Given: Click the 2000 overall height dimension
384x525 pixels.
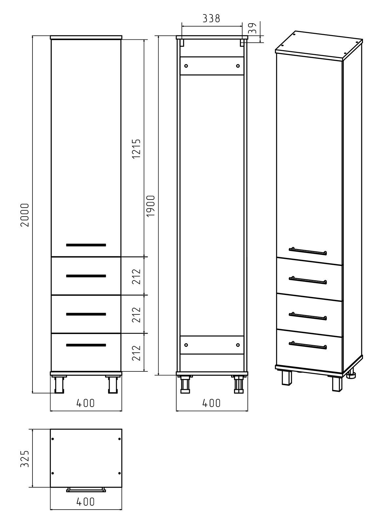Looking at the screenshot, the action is click(x=25, y=215).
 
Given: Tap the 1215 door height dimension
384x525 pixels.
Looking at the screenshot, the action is click(x=136, y=149).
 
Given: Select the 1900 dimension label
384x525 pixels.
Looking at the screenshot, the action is click(x=151, y=206).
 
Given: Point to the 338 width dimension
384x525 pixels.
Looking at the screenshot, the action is click(x=211, y=18).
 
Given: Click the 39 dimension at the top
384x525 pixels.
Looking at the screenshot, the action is click(x=252, y=28).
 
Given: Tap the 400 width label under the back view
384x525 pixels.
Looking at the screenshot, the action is click(x=211, y=403).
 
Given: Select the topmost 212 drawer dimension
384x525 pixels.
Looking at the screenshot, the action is click(x=136, y=277).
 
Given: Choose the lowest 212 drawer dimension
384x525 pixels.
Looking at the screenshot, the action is click(x=136, y=353).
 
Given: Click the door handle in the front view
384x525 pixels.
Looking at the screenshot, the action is click(x=86, y=245).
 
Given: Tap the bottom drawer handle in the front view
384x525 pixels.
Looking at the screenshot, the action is click(x=86, y=345).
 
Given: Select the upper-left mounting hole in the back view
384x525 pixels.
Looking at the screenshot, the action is click(x=186, y=66).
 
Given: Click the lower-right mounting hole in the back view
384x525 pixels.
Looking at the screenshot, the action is click(x=238, y=345).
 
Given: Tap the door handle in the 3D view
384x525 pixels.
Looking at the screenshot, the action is click(x=308, y=251).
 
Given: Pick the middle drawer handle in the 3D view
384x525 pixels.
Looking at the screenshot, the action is click(x=308, y=316).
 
